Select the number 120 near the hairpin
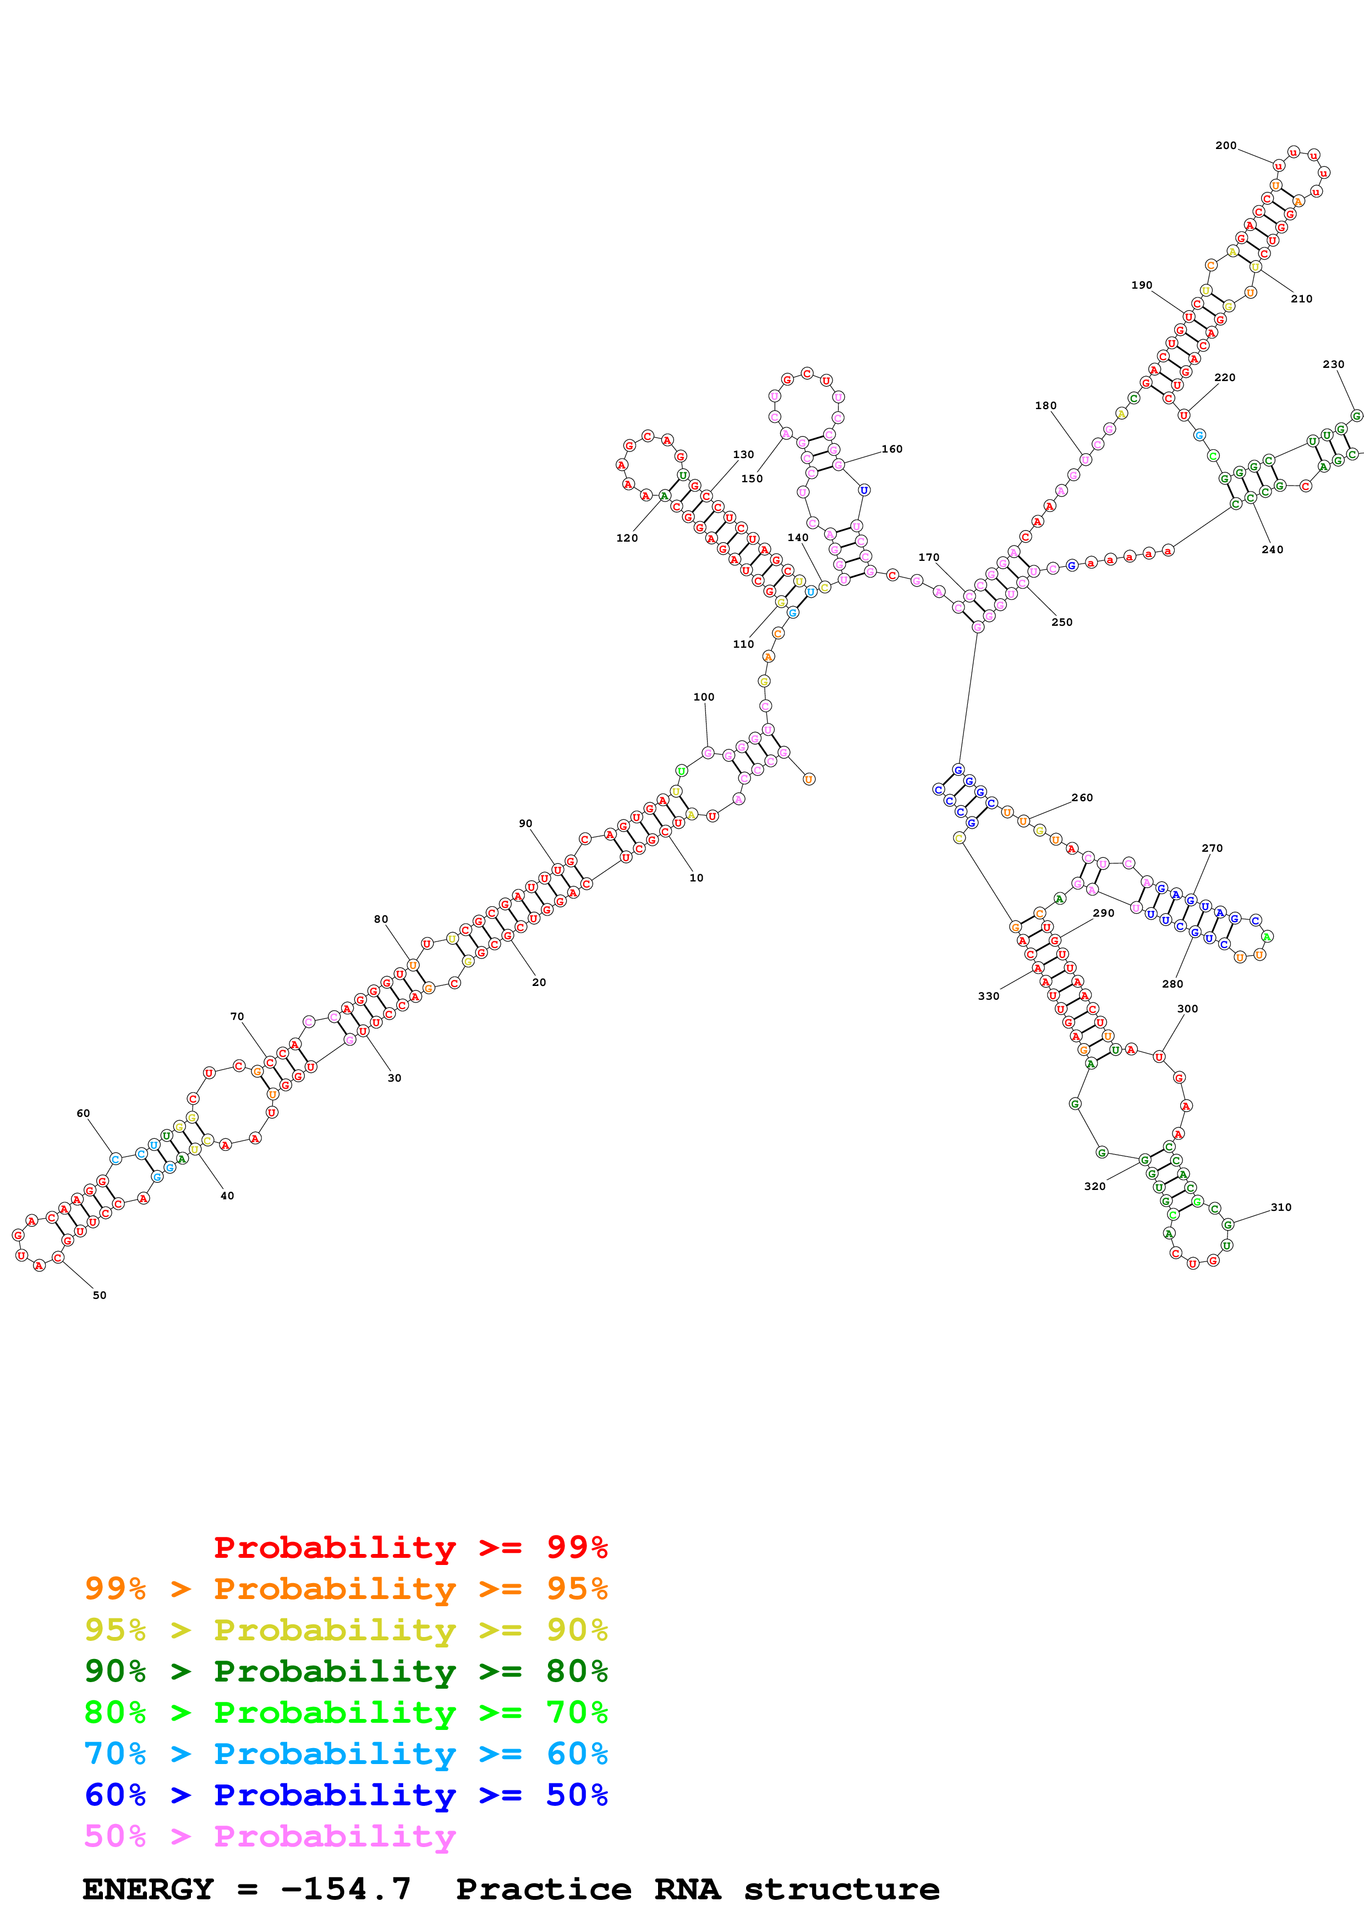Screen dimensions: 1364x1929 (x=626, y=538)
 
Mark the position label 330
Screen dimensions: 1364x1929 (x=988, y=996)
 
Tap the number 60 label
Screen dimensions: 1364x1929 (x=83, y=1113)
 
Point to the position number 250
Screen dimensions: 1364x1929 (x=1061, y=622)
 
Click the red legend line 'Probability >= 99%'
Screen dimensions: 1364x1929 (x=410, y=1547)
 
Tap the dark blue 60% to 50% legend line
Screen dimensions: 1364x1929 (x=346, y=1795)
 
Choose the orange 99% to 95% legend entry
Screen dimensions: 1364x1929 (x=346, y=1589)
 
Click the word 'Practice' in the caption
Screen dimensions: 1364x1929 (x=543, y=1889)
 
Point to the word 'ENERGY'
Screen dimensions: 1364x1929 (x=148, y=1889)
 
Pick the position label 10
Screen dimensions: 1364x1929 (x=696, y=878)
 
